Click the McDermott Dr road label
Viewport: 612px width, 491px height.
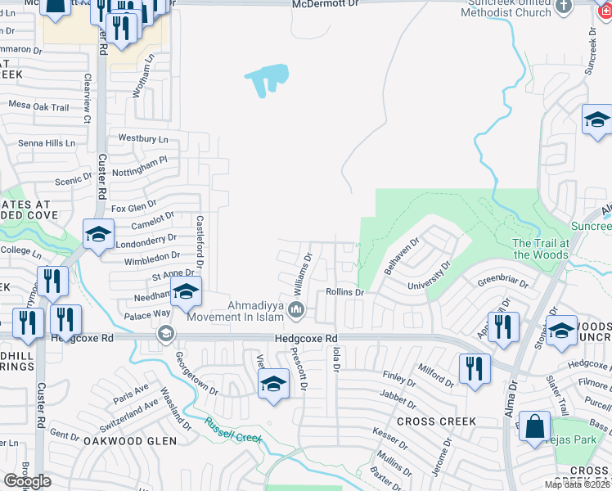pyautogui.click(x=326, y=4)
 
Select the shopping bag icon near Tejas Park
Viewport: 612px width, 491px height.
pyautogui.click(x=534, y=427)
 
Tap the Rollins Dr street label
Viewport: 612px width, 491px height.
pyautogui.click(x=344, y=292)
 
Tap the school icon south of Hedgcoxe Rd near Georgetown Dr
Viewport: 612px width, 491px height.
pyautogui.click(x=273, y=384)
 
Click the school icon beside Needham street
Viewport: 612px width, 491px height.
pyautogui.click(x=186, y=292)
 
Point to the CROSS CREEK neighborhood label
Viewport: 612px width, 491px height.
pyautogui.click(x=435, y=421)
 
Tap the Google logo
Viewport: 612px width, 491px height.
pyautogui.click(x=28, y=481)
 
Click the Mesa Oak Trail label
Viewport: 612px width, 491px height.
pyautogui.click(x=38, y=106)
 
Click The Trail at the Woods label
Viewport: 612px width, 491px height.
pyautogui.click(x=540, y=249)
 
